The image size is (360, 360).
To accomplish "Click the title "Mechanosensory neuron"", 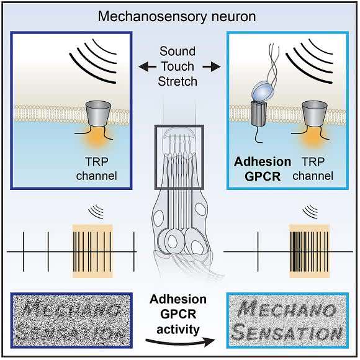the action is [x=177, y=17].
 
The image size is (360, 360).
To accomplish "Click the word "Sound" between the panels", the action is [x=178, y=51].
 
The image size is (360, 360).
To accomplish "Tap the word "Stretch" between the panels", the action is [x=178, y=81].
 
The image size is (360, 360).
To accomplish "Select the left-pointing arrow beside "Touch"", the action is [x=147, y=67].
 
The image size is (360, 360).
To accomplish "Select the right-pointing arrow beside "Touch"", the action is [x=212, y=67].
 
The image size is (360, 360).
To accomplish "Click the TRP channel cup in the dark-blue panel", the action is [x=98, y=114].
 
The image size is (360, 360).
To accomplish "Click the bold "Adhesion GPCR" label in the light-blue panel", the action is [x=263, y=169].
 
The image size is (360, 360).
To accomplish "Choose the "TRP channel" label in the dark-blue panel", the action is [x=97, y=169].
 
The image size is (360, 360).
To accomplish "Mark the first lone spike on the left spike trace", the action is [x=24, y=252].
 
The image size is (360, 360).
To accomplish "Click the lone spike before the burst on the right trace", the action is [x=258, y=252].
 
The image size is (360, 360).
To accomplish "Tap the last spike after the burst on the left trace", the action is [x=134, y=252].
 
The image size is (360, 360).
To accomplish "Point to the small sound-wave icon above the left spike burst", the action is [x=96, y=212].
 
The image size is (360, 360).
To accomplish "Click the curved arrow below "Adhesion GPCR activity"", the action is [x=180, y=342].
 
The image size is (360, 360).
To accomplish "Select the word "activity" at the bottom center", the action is [x=178, y=330].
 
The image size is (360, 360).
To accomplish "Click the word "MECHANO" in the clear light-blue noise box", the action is [x=287, y=310].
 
